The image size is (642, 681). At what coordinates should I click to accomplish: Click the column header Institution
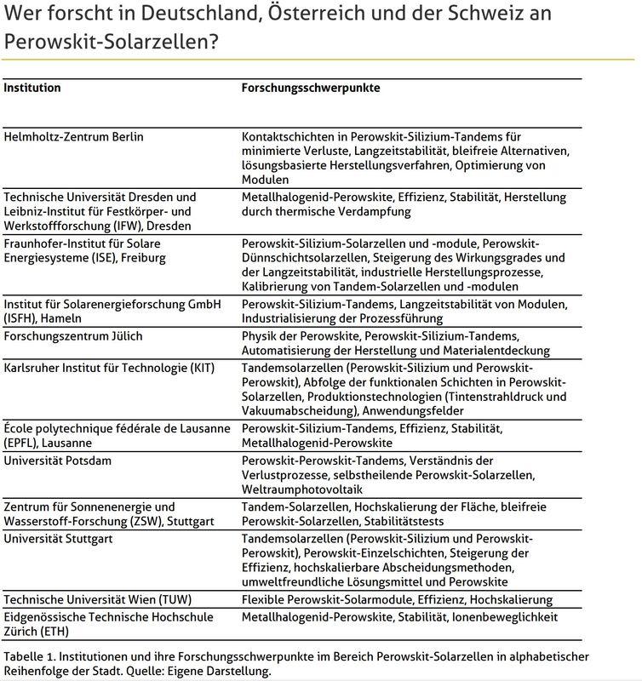click(x=32, y=88)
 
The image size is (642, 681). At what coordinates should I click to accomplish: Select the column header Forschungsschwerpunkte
click(x=311, y=88)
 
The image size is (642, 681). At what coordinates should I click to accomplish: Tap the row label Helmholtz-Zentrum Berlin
click(x=74, y=136)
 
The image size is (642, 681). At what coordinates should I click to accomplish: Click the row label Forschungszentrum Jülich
click(x=73, y=336)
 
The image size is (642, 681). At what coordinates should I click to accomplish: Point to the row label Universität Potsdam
click(x=58, y=461)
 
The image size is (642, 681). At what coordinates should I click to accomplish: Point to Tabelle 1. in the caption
click(x=29, y=656)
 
